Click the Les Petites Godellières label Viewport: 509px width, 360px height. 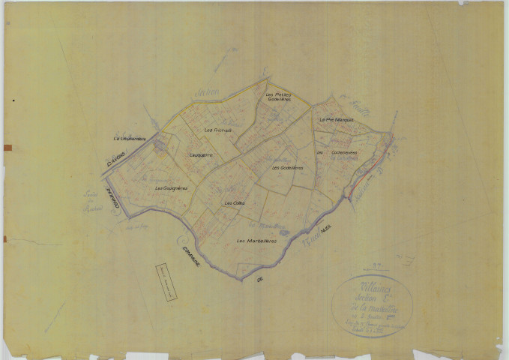pos(277,97)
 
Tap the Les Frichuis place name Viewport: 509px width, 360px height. pos(218,130)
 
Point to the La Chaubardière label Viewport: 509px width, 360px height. pos(129,138)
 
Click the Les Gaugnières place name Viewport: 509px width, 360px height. pos(169,187)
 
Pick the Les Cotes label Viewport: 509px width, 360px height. pos(231,202)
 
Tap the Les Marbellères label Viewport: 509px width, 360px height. pos(256,241)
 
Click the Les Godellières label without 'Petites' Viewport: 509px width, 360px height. pos(286,167)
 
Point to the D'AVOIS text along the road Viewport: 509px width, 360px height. pos(117,160)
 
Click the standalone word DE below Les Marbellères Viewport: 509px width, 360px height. pos(260,279)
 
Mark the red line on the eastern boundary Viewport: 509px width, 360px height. pos(364,172)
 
